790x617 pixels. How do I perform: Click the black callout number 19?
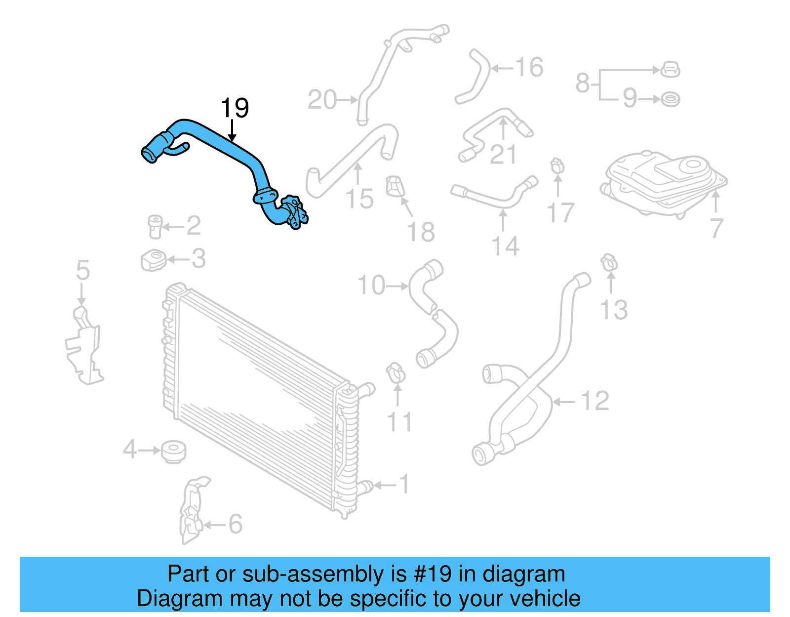(x=235, y=108)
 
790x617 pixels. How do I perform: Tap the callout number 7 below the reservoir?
(x=716, y=228)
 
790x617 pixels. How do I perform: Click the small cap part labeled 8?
(x=670, y=70)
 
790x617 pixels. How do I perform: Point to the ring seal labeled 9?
(x=670, y=99)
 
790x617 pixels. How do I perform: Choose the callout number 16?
(x=529, y=67)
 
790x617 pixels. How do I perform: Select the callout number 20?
(x=322, y=100)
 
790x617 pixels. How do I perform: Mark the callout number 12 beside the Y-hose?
(x=595, y=401)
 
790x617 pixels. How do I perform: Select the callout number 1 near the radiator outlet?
(x=404, y=484)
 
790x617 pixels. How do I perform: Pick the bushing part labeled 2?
(x=155, y=226)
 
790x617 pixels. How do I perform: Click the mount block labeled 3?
(x=153, y=260)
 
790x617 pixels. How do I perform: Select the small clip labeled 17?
(x=557, y=165)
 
